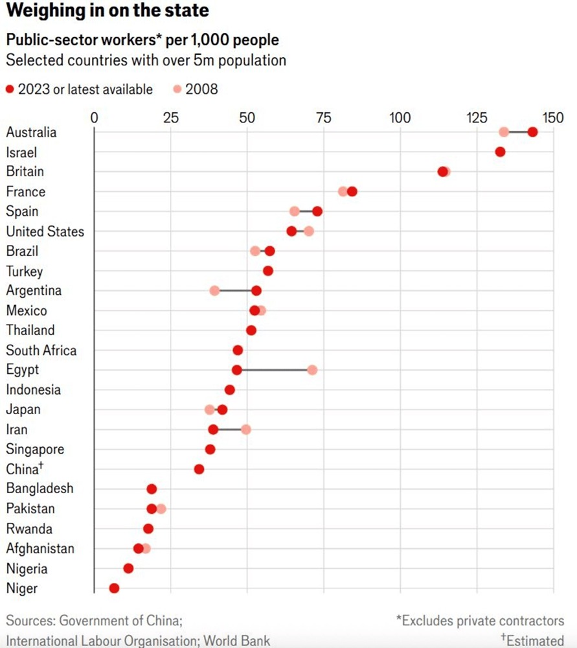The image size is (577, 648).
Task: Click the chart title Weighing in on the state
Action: tap(107, 12)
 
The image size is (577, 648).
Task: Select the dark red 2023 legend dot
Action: tap(10, 89)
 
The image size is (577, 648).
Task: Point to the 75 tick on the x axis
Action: tap(323, 118)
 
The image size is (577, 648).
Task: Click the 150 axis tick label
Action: tap(553, 118)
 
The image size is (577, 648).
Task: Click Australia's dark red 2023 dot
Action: tap(532, 132)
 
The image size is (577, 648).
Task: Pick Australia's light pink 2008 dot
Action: tap(504, 132)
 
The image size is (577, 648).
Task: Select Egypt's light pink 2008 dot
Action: tap(312, 369)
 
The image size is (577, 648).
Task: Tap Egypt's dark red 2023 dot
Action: tap(237, 369)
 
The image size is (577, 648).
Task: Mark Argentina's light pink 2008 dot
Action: tap(215, 290)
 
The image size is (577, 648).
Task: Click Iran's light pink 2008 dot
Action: tap(246, 429)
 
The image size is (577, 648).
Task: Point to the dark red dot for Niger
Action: tap(114, 588)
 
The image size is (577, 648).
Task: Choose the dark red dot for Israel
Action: tap(500, 152)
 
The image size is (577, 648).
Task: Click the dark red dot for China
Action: tap(199, 469)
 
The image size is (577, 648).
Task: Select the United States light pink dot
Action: tap(309, 231)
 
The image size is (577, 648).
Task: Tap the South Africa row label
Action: tap(41, 351)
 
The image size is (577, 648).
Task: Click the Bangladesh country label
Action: tap(40, 489)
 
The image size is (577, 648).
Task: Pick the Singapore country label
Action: tap(36, 449)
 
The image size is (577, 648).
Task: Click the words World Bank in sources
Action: tap(237, 641)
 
